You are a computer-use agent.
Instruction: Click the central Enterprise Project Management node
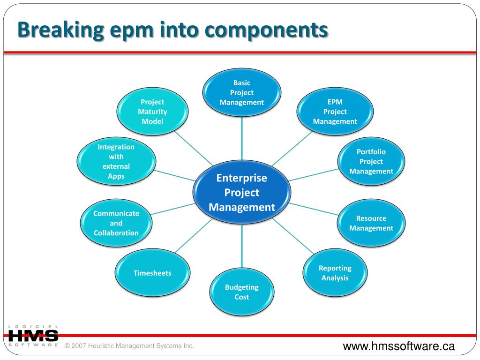point(242,193)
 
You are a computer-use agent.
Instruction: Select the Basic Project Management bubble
point(242,92)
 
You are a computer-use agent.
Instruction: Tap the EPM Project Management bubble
point(335,112)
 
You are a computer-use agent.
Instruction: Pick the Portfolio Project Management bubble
point(371,161)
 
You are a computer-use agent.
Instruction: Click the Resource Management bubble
point(371,223)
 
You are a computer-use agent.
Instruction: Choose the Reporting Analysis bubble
point(335,273)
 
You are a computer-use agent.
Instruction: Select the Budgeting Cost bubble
point(242,292)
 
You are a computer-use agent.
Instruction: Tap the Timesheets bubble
point(152,273)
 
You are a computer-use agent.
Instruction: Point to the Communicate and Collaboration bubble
point(116,223)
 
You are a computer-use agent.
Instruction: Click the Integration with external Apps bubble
point(116,161)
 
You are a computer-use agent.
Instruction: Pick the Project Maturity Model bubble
point(152,112)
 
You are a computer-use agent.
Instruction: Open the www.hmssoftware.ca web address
point(399,346)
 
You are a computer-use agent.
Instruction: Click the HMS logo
point(33,336)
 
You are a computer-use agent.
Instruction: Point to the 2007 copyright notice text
point(129,346)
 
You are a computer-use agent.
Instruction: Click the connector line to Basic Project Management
point(242,138)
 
